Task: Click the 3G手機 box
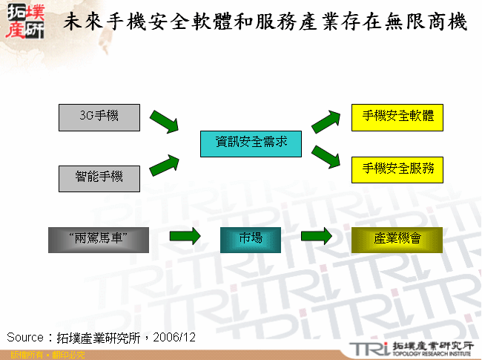pyautogui.click(x=99, y=117)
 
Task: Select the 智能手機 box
pyautogui.click(x=99, y=178)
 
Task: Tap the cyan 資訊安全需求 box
pyautogui.click(x=251, y=143)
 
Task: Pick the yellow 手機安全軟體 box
pyautogui.click(x=397, y=117)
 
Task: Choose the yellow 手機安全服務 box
pyautogui.click(x=397, y=169)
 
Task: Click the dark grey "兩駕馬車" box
pyautogui.click(x=99, y=239)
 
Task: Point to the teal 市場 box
pyautogui.click(x=250, y=239)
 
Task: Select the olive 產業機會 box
pyautogui.click(x=397, y=239)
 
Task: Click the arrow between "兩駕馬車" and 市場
pyautogui.click(x=185, y=238)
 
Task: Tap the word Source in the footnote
pyautogui.click(x=25, y=338)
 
